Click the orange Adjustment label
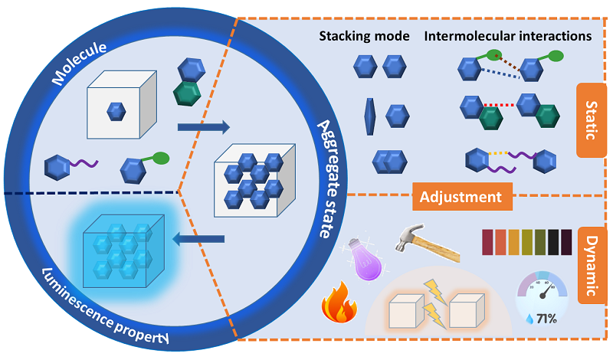(x=461, y=197)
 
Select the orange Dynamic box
(x=591, y=263)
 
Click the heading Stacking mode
(x=364, y=36)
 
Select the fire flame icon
(x=338, y=303)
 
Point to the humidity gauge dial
(x=543, y=286)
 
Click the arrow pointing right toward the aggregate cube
(x=203, y=126)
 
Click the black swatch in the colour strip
(x=565, y=242)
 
